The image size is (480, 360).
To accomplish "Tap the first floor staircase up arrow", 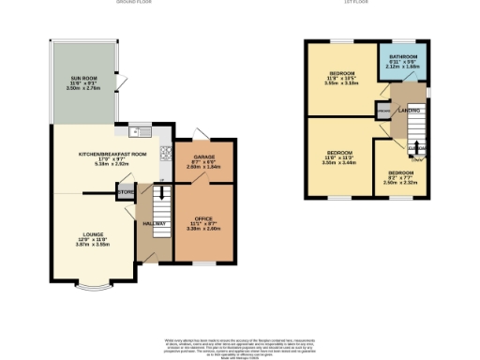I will coord(416,150).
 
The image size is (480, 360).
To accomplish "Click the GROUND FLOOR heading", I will coord(133,3).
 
